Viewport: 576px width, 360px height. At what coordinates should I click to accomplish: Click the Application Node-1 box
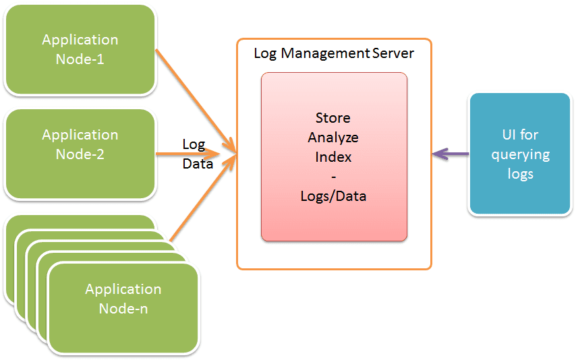80,49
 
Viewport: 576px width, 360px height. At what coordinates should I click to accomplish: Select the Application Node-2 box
80,153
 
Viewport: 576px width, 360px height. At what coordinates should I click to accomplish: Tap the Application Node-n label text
123,299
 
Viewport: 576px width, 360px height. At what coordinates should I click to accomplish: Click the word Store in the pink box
333,118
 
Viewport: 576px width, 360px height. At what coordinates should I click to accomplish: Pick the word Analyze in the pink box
333,138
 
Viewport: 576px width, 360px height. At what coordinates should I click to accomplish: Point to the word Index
333,157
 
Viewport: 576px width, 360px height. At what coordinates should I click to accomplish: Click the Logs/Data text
333,196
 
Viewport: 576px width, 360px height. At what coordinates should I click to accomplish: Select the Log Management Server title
334,53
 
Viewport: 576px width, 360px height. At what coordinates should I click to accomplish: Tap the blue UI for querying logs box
519,154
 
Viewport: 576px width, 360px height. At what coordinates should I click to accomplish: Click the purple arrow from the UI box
451,154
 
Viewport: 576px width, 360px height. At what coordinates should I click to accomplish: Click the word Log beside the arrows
194,144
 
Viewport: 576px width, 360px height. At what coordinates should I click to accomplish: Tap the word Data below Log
198,163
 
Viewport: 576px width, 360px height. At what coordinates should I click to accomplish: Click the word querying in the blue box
520,154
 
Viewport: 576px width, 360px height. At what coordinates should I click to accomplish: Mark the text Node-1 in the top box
80,59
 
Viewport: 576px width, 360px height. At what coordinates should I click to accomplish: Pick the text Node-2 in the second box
80,154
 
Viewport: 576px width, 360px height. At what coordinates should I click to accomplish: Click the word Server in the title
393,53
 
